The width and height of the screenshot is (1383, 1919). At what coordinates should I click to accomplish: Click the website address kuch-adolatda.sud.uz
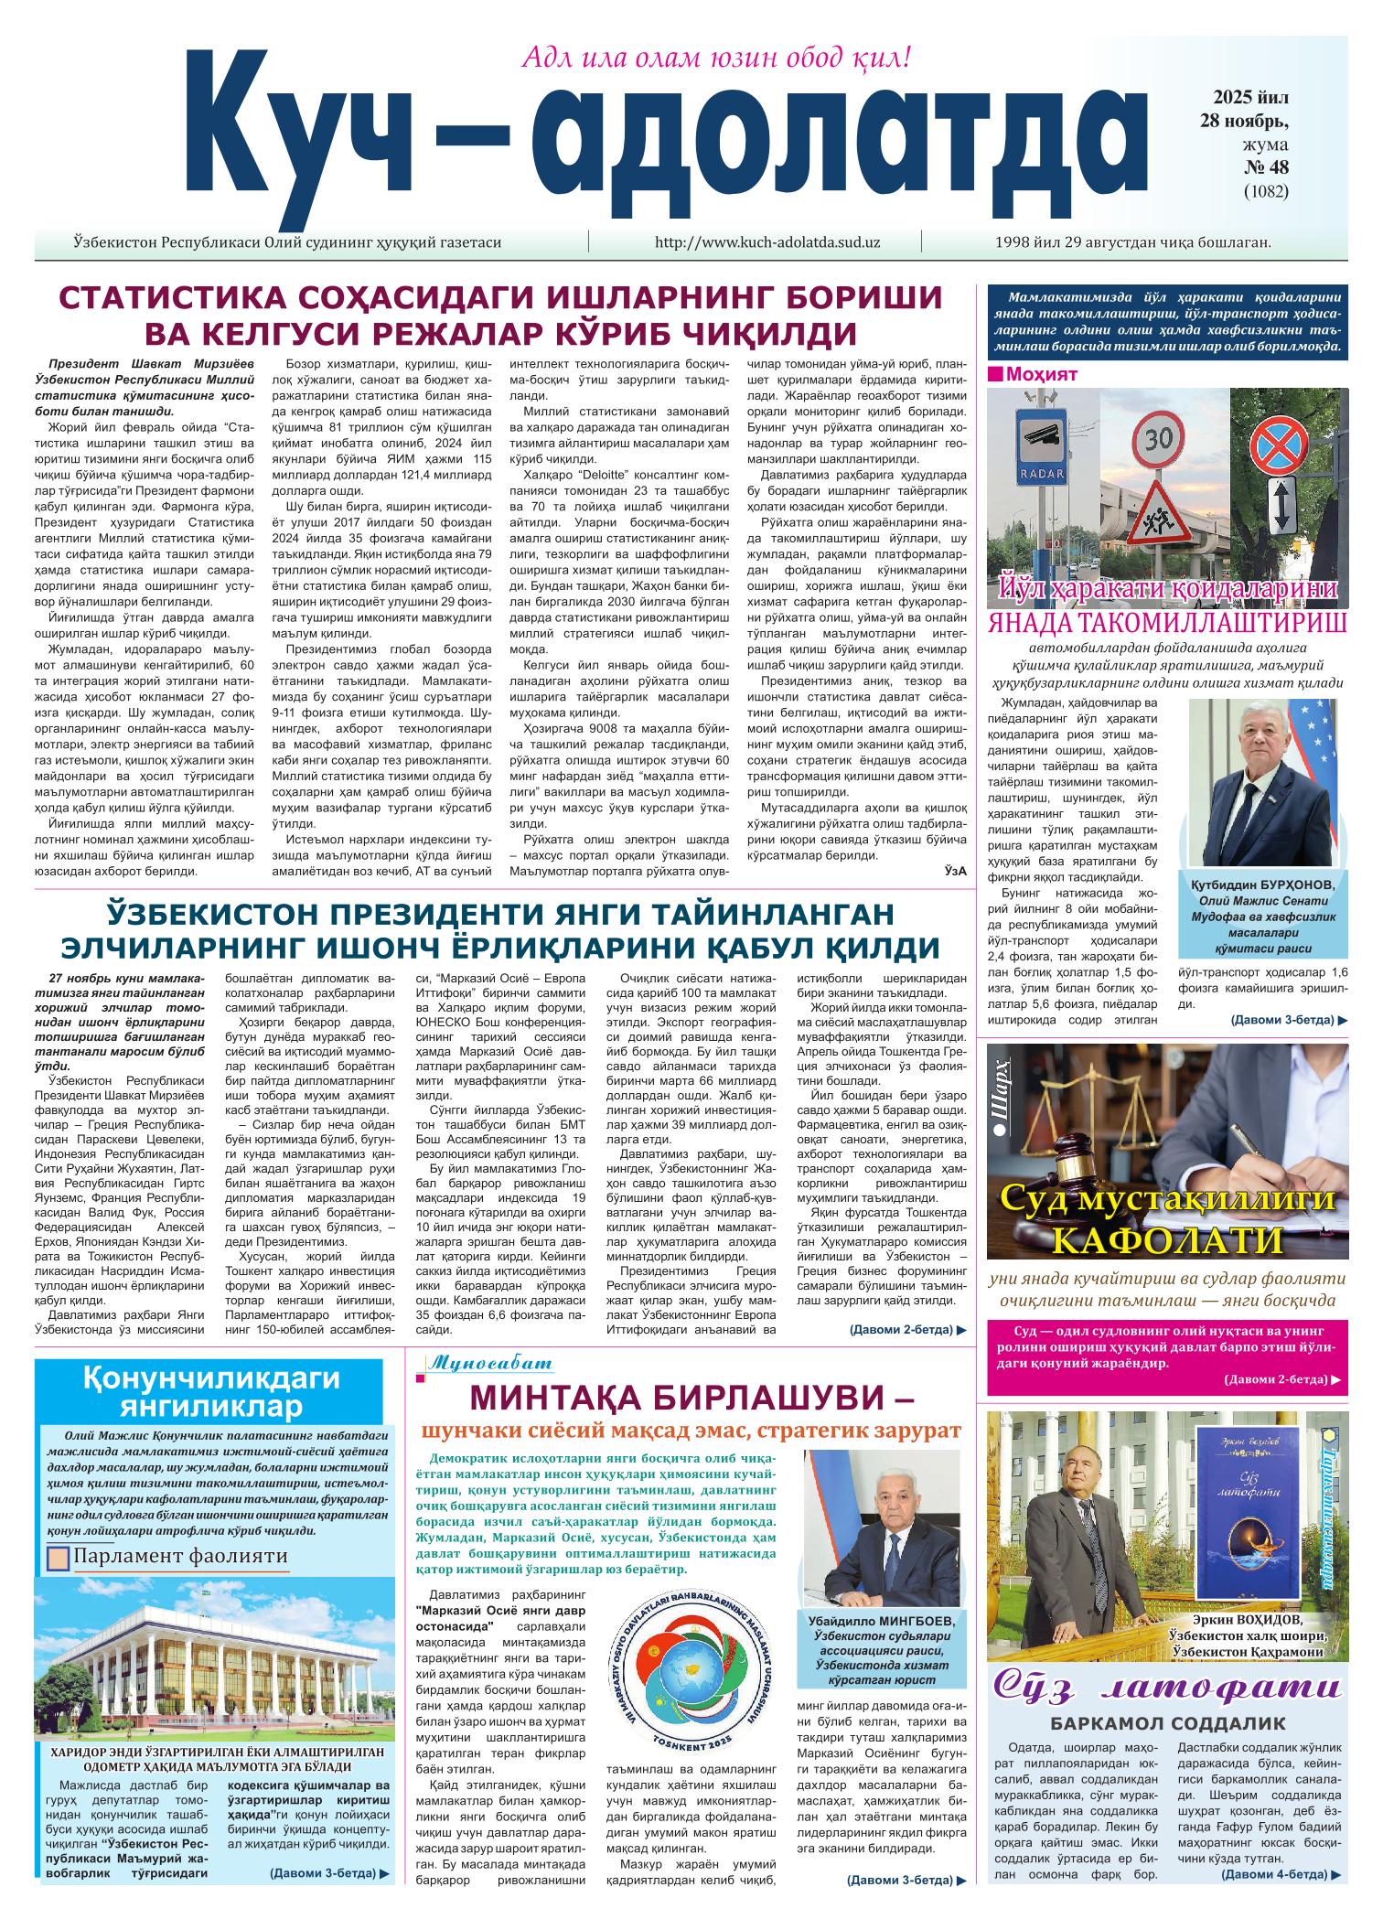[x=767, y=242]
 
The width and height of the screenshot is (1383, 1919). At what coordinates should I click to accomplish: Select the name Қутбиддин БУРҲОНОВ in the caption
[x=1263, y=885]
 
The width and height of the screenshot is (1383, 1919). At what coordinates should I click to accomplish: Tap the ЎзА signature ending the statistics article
[x=955, y=872]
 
